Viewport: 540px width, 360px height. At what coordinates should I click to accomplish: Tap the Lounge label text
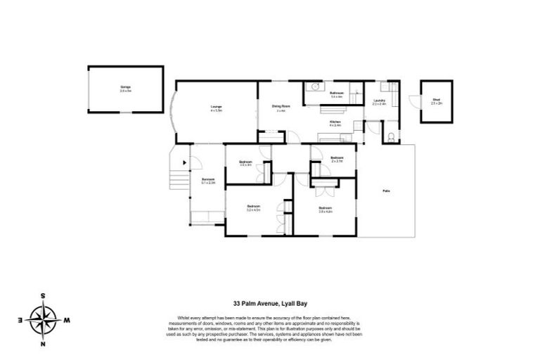216,108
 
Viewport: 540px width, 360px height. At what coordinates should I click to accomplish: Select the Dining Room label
281,108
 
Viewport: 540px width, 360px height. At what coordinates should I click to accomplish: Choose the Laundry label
379,102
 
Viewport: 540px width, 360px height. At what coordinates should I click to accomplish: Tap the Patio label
386,191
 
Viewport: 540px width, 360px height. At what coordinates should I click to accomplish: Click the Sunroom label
207,181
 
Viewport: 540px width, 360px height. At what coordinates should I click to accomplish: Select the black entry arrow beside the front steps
185,162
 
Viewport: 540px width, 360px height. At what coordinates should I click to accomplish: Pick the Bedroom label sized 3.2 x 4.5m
253,208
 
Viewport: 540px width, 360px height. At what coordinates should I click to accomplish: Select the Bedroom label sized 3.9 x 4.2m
324,208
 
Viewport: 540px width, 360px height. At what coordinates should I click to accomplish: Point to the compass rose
47,320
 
